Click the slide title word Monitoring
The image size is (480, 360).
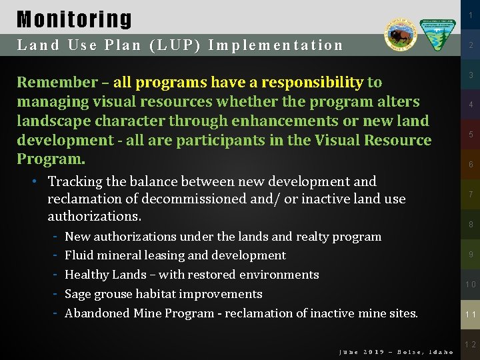(x=74, y=19)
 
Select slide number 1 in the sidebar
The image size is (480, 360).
(x=470, y=14)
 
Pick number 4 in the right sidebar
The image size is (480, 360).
(x=470, y=105)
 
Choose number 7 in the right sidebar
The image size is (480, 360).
(x=470, y=194)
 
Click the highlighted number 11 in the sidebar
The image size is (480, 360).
(x=470, y=314)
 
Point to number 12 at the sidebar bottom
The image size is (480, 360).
(x=470, y=345)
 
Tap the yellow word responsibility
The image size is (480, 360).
(x=313, y=83)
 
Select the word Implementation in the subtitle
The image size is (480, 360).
(x=275, y=45)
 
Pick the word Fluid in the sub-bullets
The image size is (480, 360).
(x=80, y=255)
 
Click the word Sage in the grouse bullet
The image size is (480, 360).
(x=79, y=294)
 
